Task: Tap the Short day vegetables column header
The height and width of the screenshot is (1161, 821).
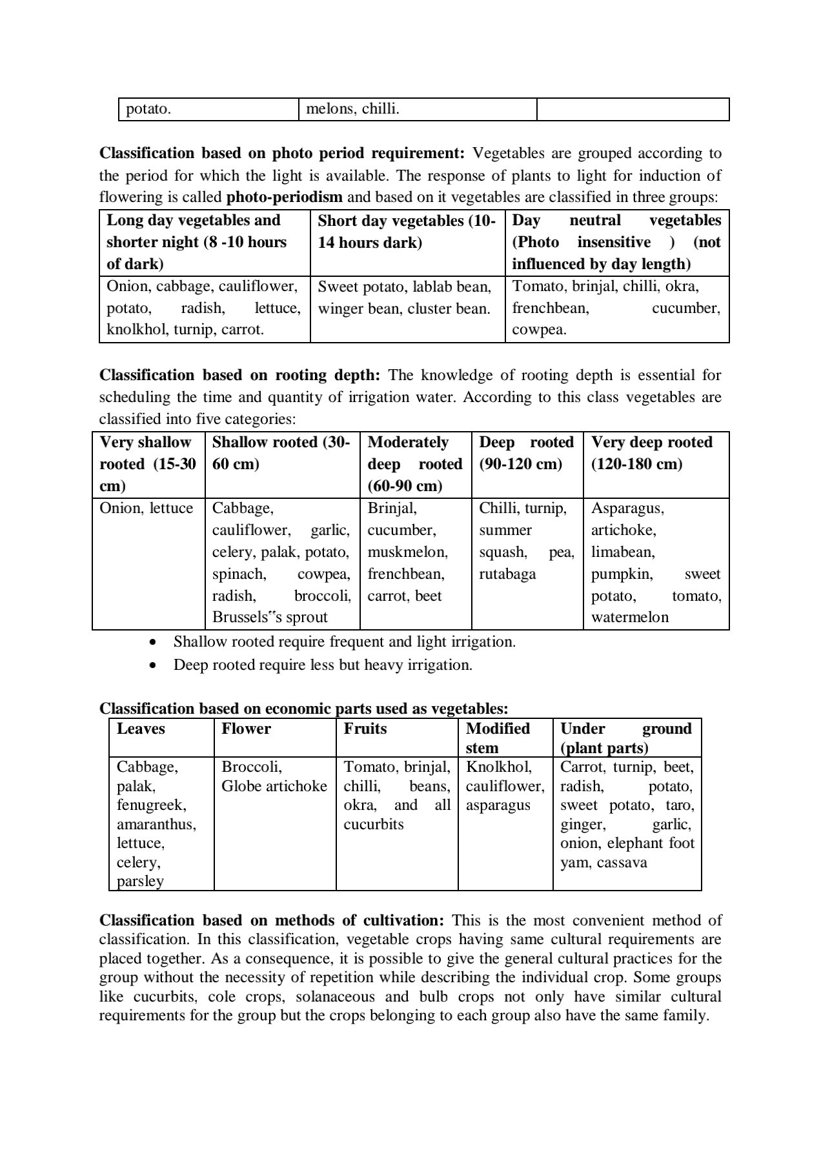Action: [407, 231]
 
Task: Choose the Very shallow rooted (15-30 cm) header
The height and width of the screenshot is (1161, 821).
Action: [148, 464]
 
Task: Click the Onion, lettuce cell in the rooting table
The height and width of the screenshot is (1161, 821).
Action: [147, 509]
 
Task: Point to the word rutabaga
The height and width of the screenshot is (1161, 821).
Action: [507, 574]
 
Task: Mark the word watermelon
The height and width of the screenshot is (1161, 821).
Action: [629, 618]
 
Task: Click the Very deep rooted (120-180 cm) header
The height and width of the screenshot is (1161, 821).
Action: [652, 453]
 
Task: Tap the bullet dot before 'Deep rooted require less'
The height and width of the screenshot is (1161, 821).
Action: [152, 665]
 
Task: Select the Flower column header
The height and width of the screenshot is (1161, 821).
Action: [246, 729]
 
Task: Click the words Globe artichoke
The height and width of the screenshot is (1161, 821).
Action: [274, 787]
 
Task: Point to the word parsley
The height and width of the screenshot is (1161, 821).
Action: [140, 882]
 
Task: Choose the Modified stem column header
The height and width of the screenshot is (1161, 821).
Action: [498, 738]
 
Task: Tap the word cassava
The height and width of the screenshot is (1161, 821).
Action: [622, 863]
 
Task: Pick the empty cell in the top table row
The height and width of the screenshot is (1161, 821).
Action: [633, 109]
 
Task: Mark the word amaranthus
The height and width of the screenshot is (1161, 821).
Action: [156, 825]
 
